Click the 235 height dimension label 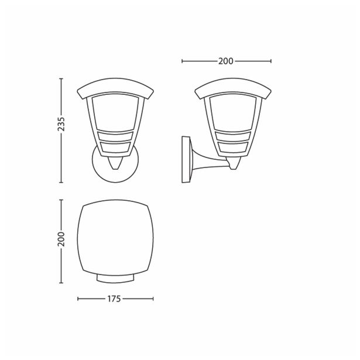click(61, 124)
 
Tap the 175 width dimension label click(115, 299)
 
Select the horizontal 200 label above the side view click(227, 60)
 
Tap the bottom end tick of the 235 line click(61, 181)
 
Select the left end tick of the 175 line click(78, 299)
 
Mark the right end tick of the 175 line click(153, 299)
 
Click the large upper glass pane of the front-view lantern click(115, 114)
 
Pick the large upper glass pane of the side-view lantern click(232, 114)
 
